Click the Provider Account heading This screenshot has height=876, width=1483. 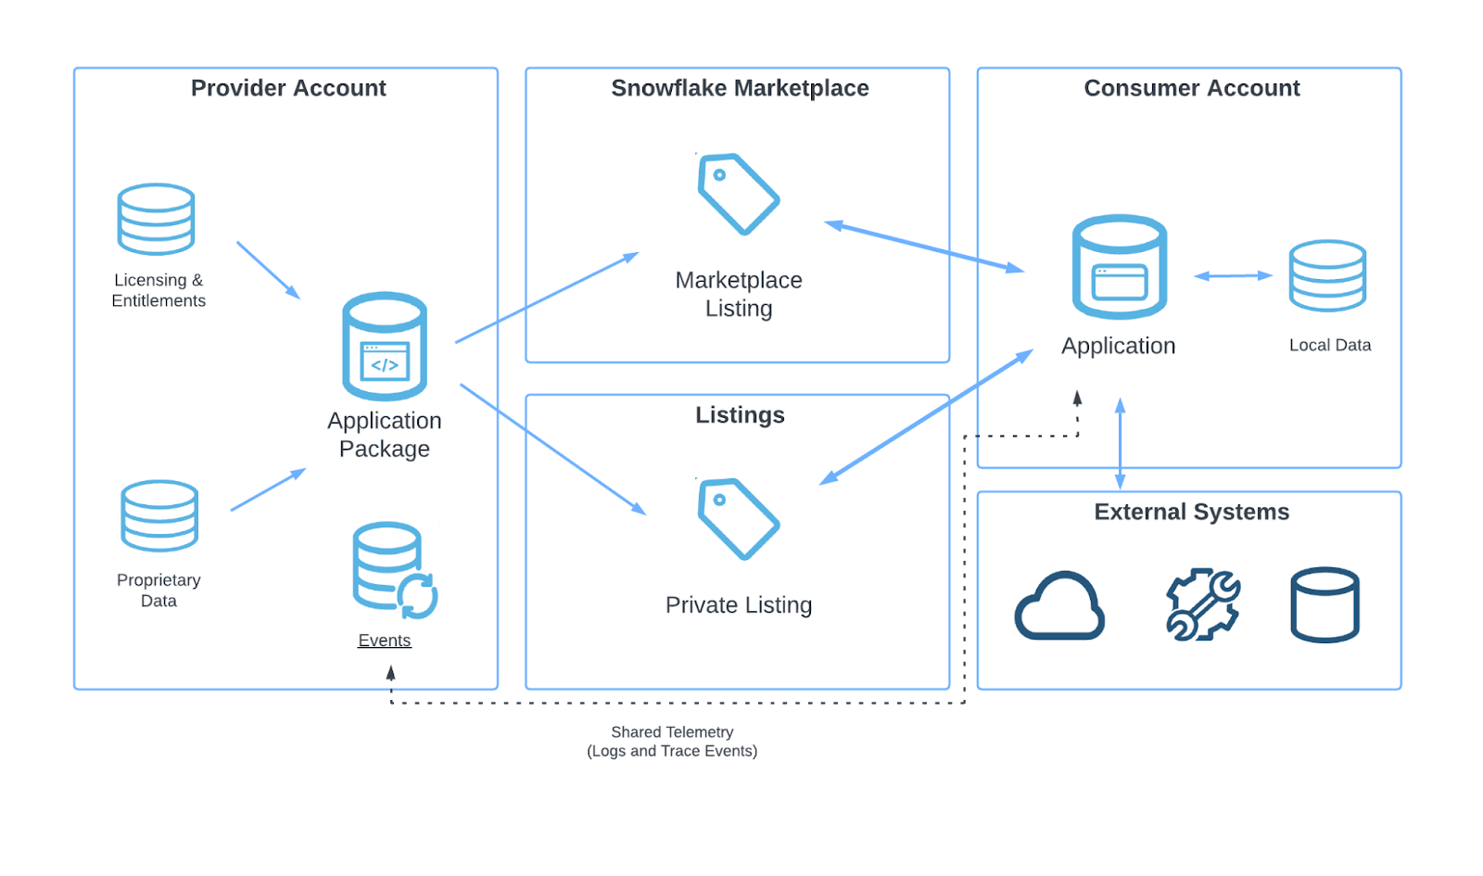point(288,88)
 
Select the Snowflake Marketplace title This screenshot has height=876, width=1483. point(740,88)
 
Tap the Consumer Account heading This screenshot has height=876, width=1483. point(1192,88)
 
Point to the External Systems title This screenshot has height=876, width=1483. point(1192,512)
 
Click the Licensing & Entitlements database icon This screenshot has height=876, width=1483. point(157,219)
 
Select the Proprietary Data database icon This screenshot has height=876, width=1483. point(159,515)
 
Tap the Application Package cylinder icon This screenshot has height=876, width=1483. point(385,346)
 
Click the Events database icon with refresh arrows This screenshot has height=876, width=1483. point(395,570)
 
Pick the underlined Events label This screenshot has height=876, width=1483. point(385,641)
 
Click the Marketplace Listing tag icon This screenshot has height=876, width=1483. point(738,194)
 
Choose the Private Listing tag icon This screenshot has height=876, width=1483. point(738,519)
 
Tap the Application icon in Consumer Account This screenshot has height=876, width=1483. point(1120,266)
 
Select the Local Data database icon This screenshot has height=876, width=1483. point(1327,275)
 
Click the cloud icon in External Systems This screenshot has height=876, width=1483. point(1059,605)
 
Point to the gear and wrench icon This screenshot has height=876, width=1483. point(1203,603)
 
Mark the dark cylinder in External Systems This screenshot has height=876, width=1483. point(1325,604)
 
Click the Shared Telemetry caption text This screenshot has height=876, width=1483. point(672,742)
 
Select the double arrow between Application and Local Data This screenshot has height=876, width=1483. point(1233,275)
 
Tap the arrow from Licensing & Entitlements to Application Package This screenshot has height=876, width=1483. point(269,270)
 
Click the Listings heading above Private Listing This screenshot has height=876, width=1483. point(740,415)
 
